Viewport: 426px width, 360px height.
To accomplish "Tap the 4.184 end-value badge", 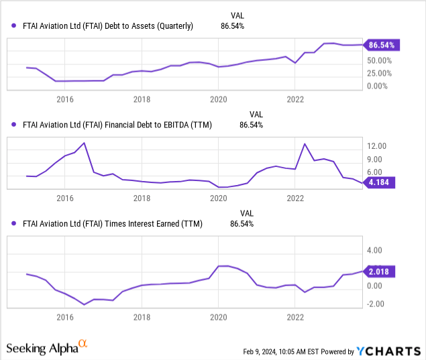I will tap(381, 182).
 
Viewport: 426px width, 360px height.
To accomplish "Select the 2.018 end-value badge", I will tap(381, 272).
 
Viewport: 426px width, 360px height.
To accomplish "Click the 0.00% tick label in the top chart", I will tap(378, 86).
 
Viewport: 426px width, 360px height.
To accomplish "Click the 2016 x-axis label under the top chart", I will tap(64, 99).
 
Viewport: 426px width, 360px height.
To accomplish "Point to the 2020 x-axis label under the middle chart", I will tap(218, 198).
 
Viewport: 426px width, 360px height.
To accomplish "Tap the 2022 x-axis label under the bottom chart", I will tap(295, 316).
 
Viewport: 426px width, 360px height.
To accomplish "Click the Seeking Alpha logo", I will tap(47, 348).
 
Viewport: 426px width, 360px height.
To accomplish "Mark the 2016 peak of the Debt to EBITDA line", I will tap(84, 143).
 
